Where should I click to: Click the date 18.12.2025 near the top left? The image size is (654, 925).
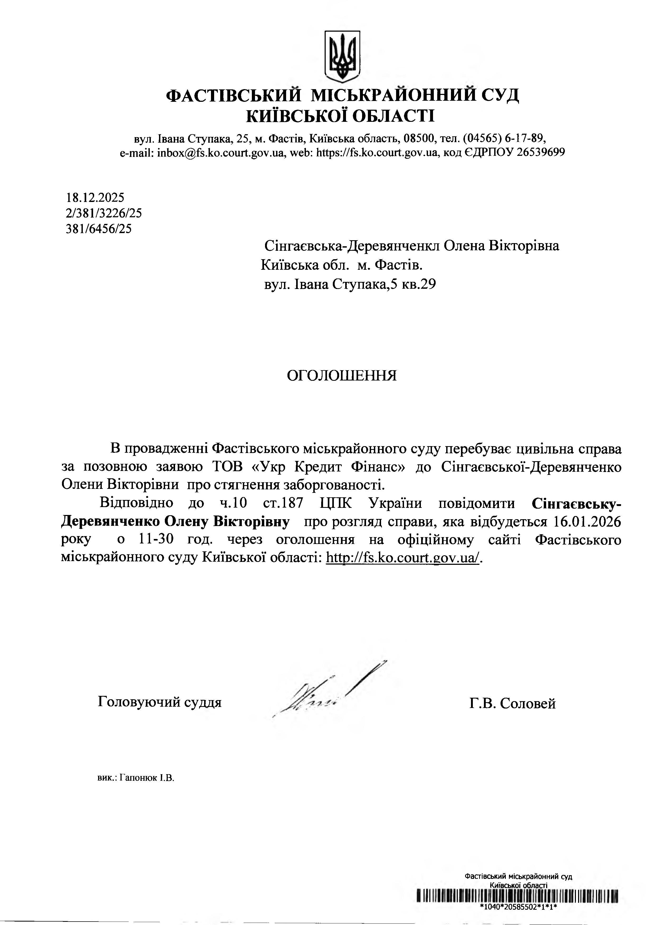pyautogui.click(x=95, y=197)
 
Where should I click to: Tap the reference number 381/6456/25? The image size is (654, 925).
pyautogui.click(x=98, y=229)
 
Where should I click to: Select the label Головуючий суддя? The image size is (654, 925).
pyautogui.click(x=160, y=702)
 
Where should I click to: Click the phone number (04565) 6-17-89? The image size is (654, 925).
pyautogui.click(x=504, y=139)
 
